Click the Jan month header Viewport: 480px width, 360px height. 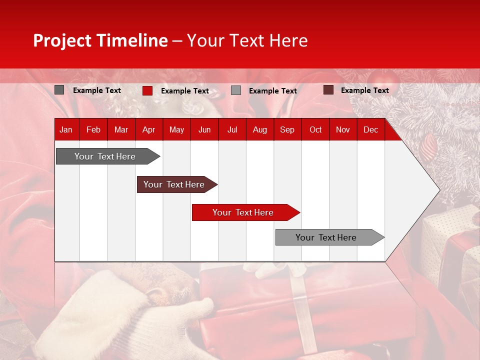(x=66, y=130)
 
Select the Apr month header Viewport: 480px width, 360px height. (x=149, y=130)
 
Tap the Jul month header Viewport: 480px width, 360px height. (x=232, y=130)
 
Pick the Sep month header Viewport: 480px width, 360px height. (x=287, y=130)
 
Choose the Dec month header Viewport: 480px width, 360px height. (x=370, y=130)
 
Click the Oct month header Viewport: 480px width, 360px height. (x=315, y=130)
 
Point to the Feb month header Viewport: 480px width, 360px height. (x=93, y=130)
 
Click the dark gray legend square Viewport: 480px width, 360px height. (x=59, y=90)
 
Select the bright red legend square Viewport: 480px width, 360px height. (x=147, y=90)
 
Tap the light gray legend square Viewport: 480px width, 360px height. (x=236, y=90)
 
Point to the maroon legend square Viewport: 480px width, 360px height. (x=328, y=90)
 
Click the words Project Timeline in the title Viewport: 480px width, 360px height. (x=100, y=40)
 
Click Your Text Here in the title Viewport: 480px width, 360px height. (x=247, y=40)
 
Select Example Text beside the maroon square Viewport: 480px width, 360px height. (x=364, y=90)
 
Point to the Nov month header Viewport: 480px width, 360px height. (x=343, y=130)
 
